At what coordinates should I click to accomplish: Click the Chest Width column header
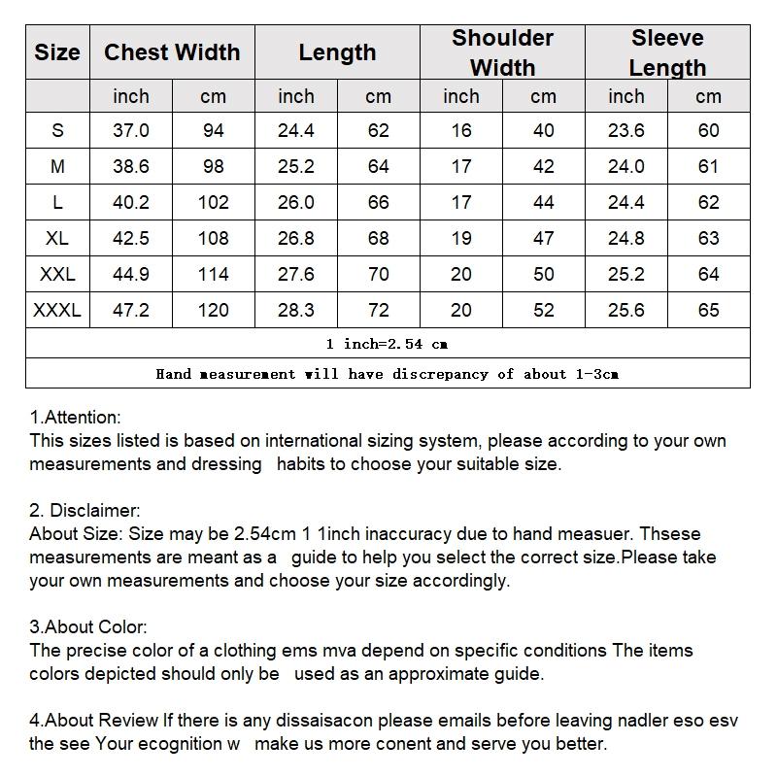tap(172, 52)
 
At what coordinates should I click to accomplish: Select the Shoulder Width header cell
tap(502, 52)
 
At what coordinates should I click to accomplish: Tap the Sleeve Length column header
tap(667, 52)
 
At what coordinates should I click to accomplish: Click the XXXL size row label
tap(57, 310)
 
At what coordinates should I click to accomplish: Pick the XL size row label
tap(57, 238)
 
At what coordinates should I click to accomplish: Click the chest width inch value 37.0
tap(131, 130)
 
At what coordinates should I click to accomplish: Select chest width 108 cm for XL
tap(213, 238)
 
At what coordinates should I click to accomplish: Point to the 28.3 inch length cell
tap(296, 310)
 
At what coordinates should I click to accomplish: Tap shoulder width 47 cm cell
tap(544, 238)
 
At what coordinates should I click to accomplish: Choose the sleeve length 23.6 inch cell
tap(626, 130)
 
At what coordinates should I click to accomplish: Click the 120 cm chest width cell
tap(213, 310)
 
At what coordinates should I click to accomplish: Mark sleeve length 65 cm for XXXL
tap(709, 310)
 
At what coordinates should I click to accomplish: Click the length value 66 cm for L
tap(379, 202)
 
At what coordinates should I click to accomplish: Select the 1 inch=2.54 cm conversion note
tap(388, 344)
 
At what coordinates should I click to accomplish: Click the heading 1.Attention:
tap(76, 418)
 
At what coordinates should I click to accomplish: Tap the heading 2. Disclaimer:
tap(85, 511)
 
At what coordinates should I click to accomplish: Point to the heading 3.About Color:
tap(88, 627)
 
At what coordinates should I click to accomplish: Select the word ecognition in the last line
tap(180, 744)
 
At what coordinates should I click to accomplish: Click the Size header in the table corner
tap(57, 52)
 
